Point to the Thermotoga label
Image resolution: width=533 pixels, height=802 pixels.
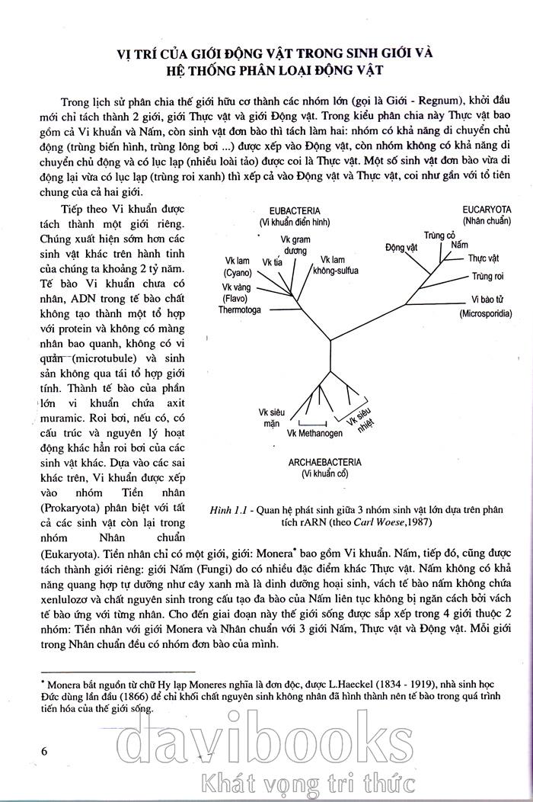(x=239, y=310)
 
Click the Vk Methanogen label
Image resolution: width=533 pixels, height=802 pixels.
(x=314, y=433)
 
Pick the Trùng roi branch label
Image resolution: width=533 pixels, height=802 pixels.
(x=488, y=274)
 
